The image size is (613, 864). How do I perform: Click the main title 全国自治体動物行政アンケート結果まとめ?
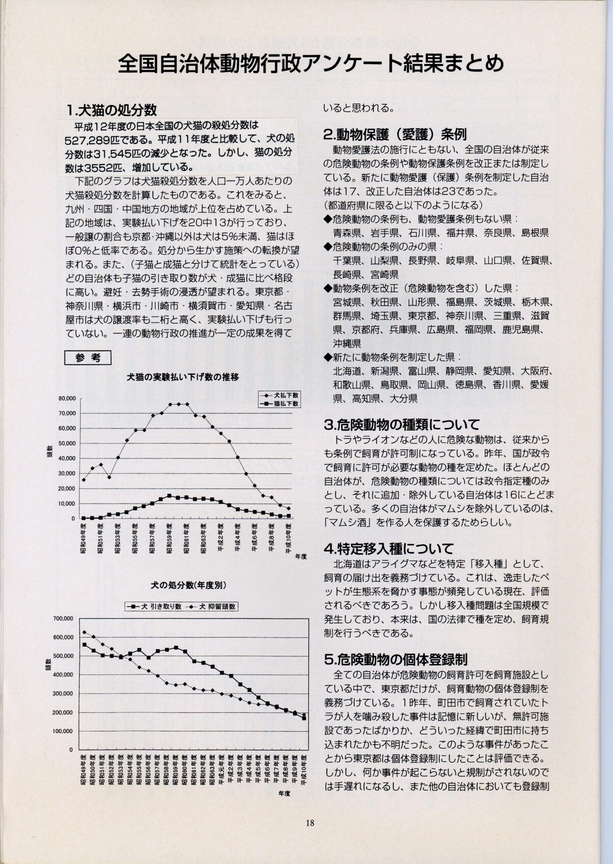coord(310,64)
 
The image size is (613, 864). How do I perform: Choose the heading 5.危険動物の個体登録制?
coord(396,659)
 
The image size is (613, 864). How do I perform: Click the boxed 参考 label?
coord(88,358)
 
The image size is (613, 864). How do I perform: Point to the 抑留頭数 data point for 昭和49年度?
coord(84,632)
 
